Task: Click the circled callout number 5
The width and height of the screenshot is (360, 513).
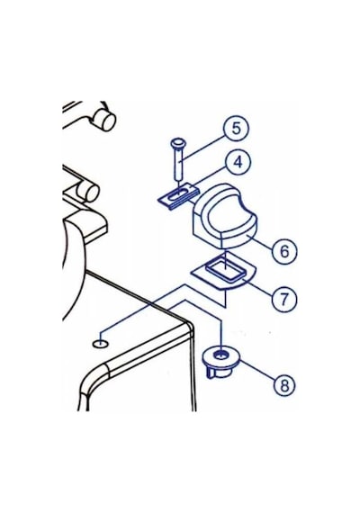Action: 236,128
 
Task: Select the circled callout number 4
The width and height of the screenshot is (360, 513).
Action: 238,162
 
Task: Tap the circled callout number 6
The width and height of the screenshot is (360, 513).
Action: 284,251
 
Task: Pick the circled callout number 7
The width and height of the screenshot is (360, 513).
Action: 283,299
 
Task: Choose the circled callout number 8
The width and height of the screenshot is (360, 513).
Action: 283,385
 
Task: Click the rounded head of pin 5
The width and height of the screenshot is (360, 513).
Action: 177,142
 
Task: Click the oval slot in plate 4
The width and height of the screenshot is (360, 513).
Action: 176,195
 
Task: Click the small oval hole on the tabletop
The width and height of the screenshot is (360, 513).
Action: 100,344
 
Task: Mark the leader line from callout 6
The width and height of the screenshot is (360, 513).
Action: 258,241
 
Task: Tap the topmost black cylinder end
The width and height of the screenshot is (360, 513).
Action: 106,121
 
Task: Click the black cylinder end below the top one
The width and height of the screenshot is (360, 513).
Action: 89,193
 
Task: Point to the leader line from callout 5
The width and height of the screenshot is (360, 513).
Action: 203,148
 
